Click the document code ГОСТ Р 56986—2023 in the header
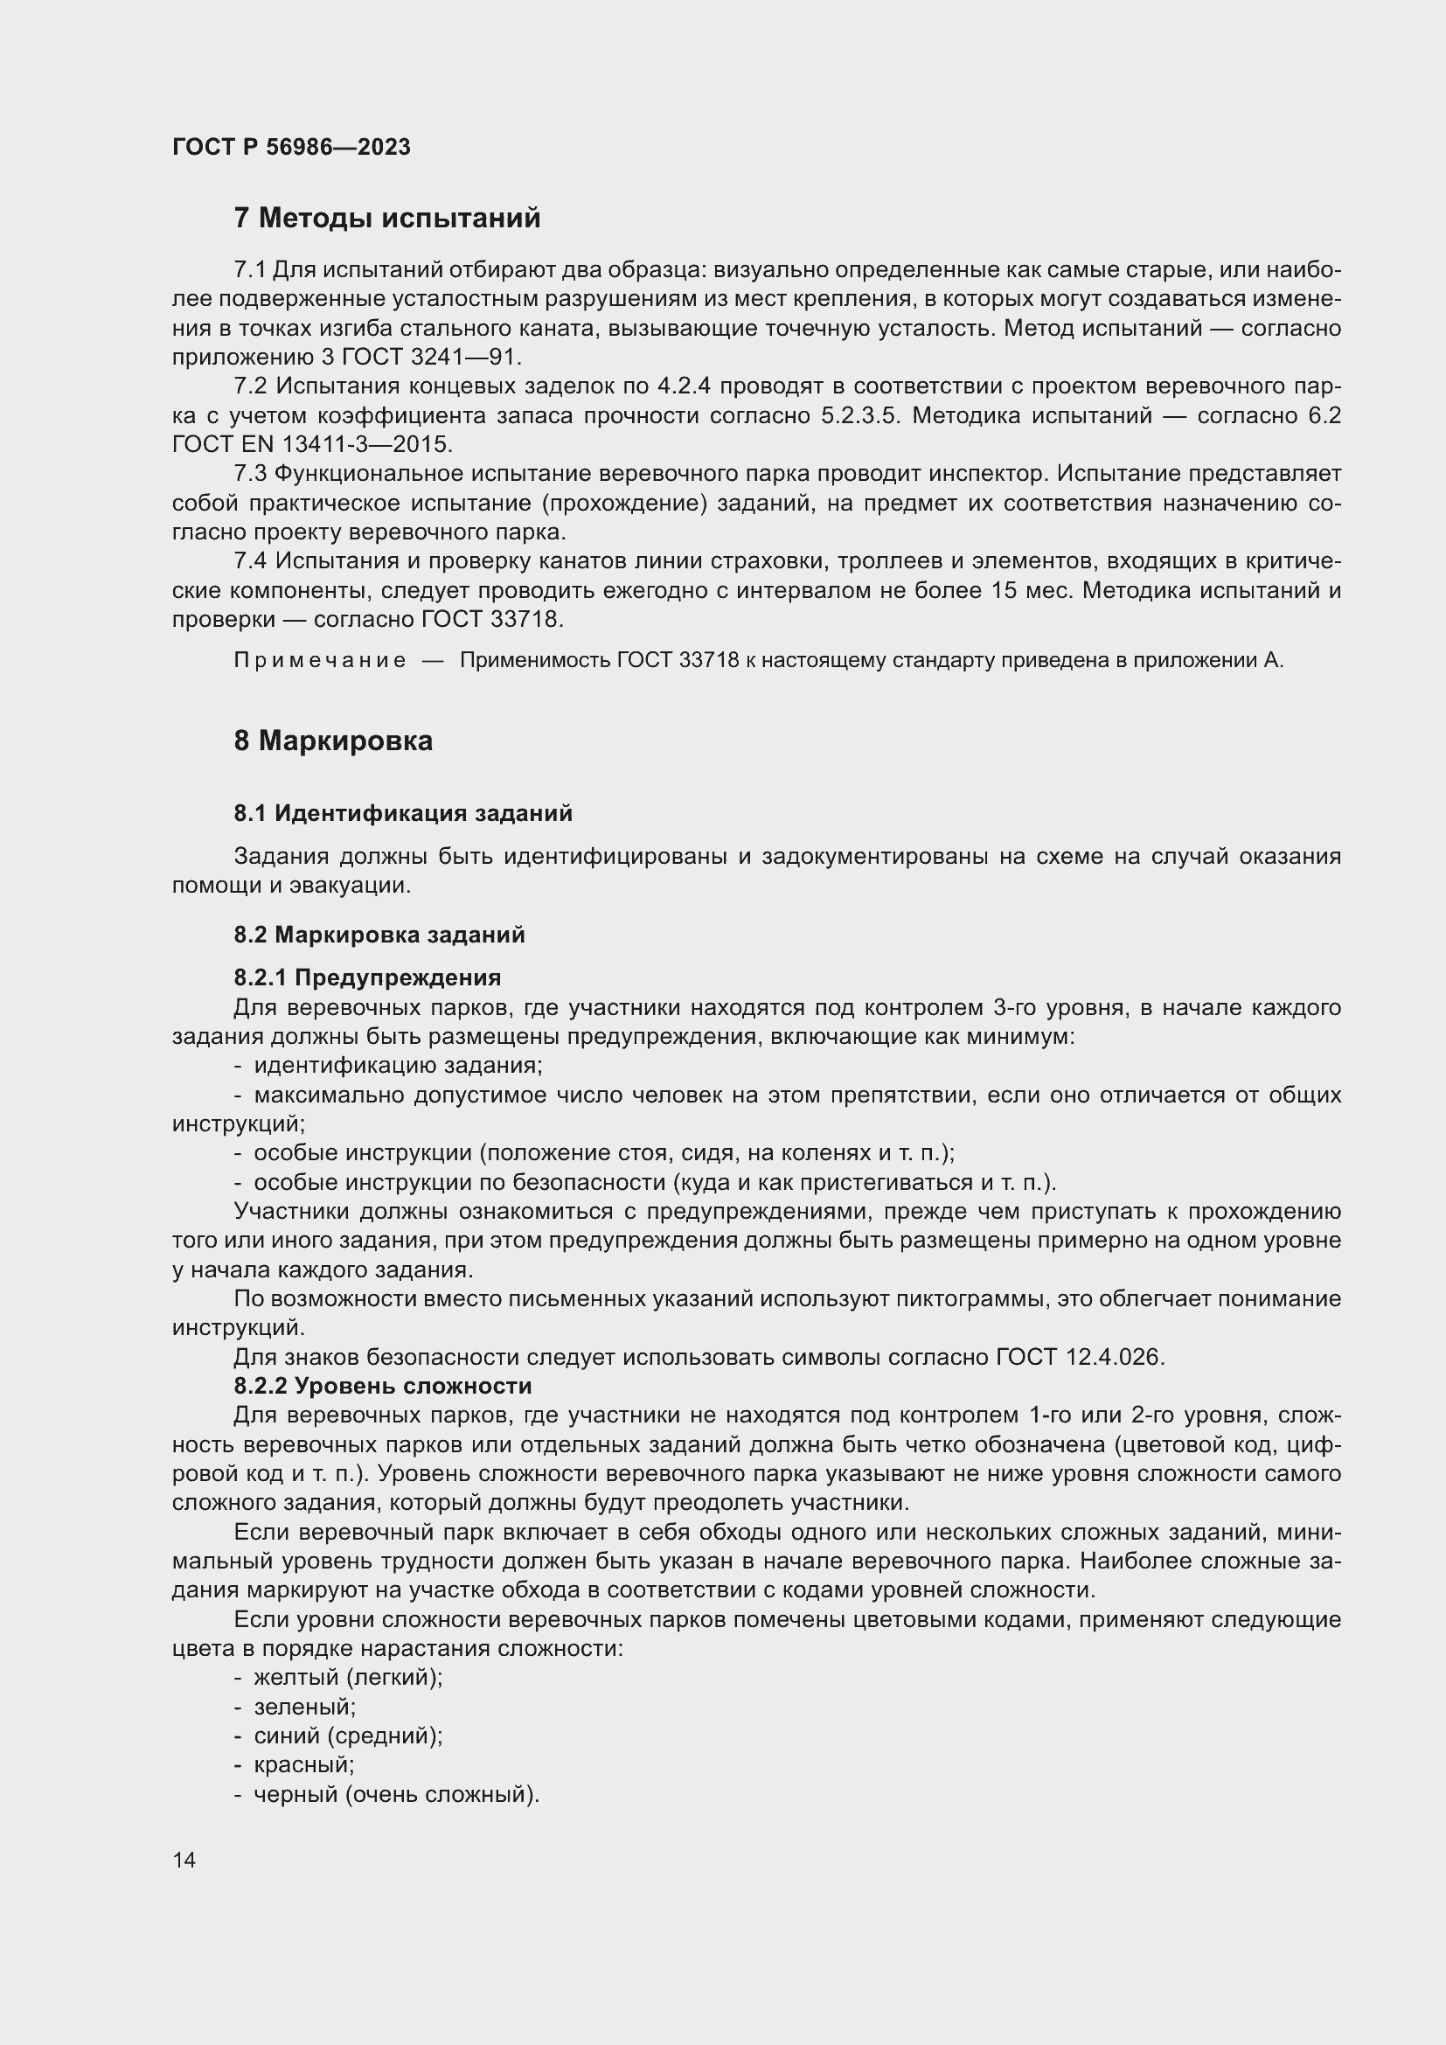(291, 148)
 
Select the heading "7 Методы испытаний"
(386, 219)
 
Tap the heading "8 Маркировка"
(333, 741)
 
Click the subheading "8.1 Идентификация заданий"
(402, 813)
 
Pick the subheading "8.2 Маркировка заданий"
(379, 936)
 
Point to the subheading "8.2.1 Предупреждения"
(367, 978)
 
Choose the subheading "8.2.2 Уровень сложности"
(383, 1387)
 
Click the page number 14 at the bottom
(184, 1860)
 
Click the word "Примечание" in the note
(320, 661)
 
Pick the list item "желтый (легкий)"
(347, 1678)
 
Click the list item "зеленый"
(303, 1708)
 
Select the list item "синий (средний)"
(347, 1736)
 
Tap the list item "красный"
(303, 1765)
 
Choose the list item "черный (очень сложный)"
(396, 1795)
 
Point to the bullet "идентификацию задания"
(397, 1066)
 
